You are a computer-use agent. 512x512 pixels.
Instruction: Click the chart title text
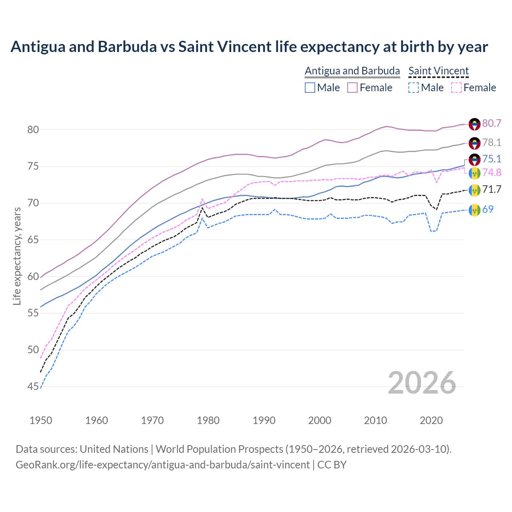click(x=249, y=47)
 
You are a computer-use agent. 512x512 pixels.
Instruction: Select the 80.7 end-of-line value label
click(x=492, y=123)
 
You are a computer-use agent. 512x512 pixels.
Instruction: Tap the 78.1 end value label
click(x=492, y=142)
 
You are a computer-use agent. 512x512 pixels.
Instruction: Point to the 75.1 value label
click(x=492, y=159)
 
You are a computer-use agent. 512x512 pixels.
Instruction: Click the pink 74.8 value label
click(x=492, y=172)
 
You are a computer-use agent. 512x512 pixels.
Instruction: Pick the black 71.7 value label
click(x=492, y=189)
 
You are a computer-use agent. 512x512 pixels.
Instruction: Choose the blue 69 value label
click(x=488, y=209)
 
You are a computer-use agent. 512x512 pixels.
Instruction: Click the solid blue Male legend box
click(x=310, y=88)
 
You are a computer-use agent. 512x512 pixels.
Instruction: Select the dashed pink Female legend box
click(x=456, y=88)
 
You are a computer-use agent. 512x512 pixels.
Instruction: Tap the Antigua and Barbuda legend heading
click(x=352, y=71)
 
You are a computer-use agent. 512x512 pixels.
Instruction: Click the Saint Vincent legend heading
click(x=438, y=71)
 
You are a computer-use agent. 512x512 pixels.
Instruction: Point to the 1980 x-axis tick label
click(x=208, y=420)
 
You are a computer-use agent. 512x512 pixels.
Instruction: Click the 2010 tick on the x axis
click(x=376, y=420)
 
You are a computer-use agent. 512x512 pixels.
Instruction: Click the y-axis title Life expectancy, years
click(x=17, y=256)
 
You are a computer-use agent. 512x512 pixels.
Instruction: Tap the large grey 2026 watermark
click(x=422, y=383)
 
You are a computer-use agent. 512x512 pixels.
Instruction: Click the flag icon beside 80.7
click(x=474, y=124)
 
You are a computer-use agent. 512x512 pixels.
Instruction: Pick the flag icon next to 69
click(x=474, y=209)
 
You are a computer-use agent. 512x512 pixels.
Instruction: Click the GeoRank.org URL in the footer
click(x=162, y=465)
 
